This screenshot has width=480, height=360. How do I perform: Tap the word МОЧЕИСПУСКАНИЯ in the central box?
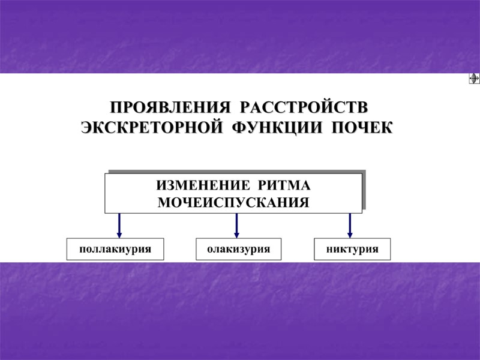pyautogui.click(x=233, y=202)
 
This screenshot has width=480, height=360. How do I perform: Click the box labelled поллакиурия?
pyautogui.click(x=115, y=249)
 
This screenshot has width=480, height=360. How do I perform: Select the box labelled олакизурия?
pyautogui.click(x=238, y=249)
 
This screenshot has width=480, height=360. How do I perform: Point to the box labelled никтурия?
pyautogui.click(x=352, y=249)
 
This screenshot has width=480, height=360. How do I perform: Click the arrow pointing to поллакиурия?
pyautogui.click(x=119, y=226)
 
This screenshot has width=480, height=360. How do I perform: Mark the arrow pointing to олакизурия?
pyautogui.click(x=236, y=226)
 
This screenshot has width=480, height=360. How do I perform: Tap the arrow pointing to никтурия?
pyautogui.click(x=350, y=226)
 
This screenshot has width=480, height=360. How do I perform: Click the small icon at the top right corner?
pyautogui.click(x=473, y=79)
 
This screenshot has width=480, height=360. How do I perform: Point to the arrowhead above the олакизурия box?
pyautogui.click(x=236, y=233)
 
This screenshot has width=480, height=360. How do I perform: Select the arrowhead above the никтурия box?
pyautogui.click(x=350, y=233)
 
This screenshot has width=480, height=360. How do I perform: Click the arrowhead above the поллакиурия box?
pyautogui.click(x=119, y=233)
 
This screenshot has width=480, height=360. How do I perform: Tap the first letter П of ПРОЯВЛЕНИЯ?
pyautogui.click(x=115, y=109)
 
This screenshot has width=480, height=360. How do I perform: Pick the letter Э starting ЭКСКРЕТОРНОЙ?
pyautogui.click(x=86, y=128)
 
